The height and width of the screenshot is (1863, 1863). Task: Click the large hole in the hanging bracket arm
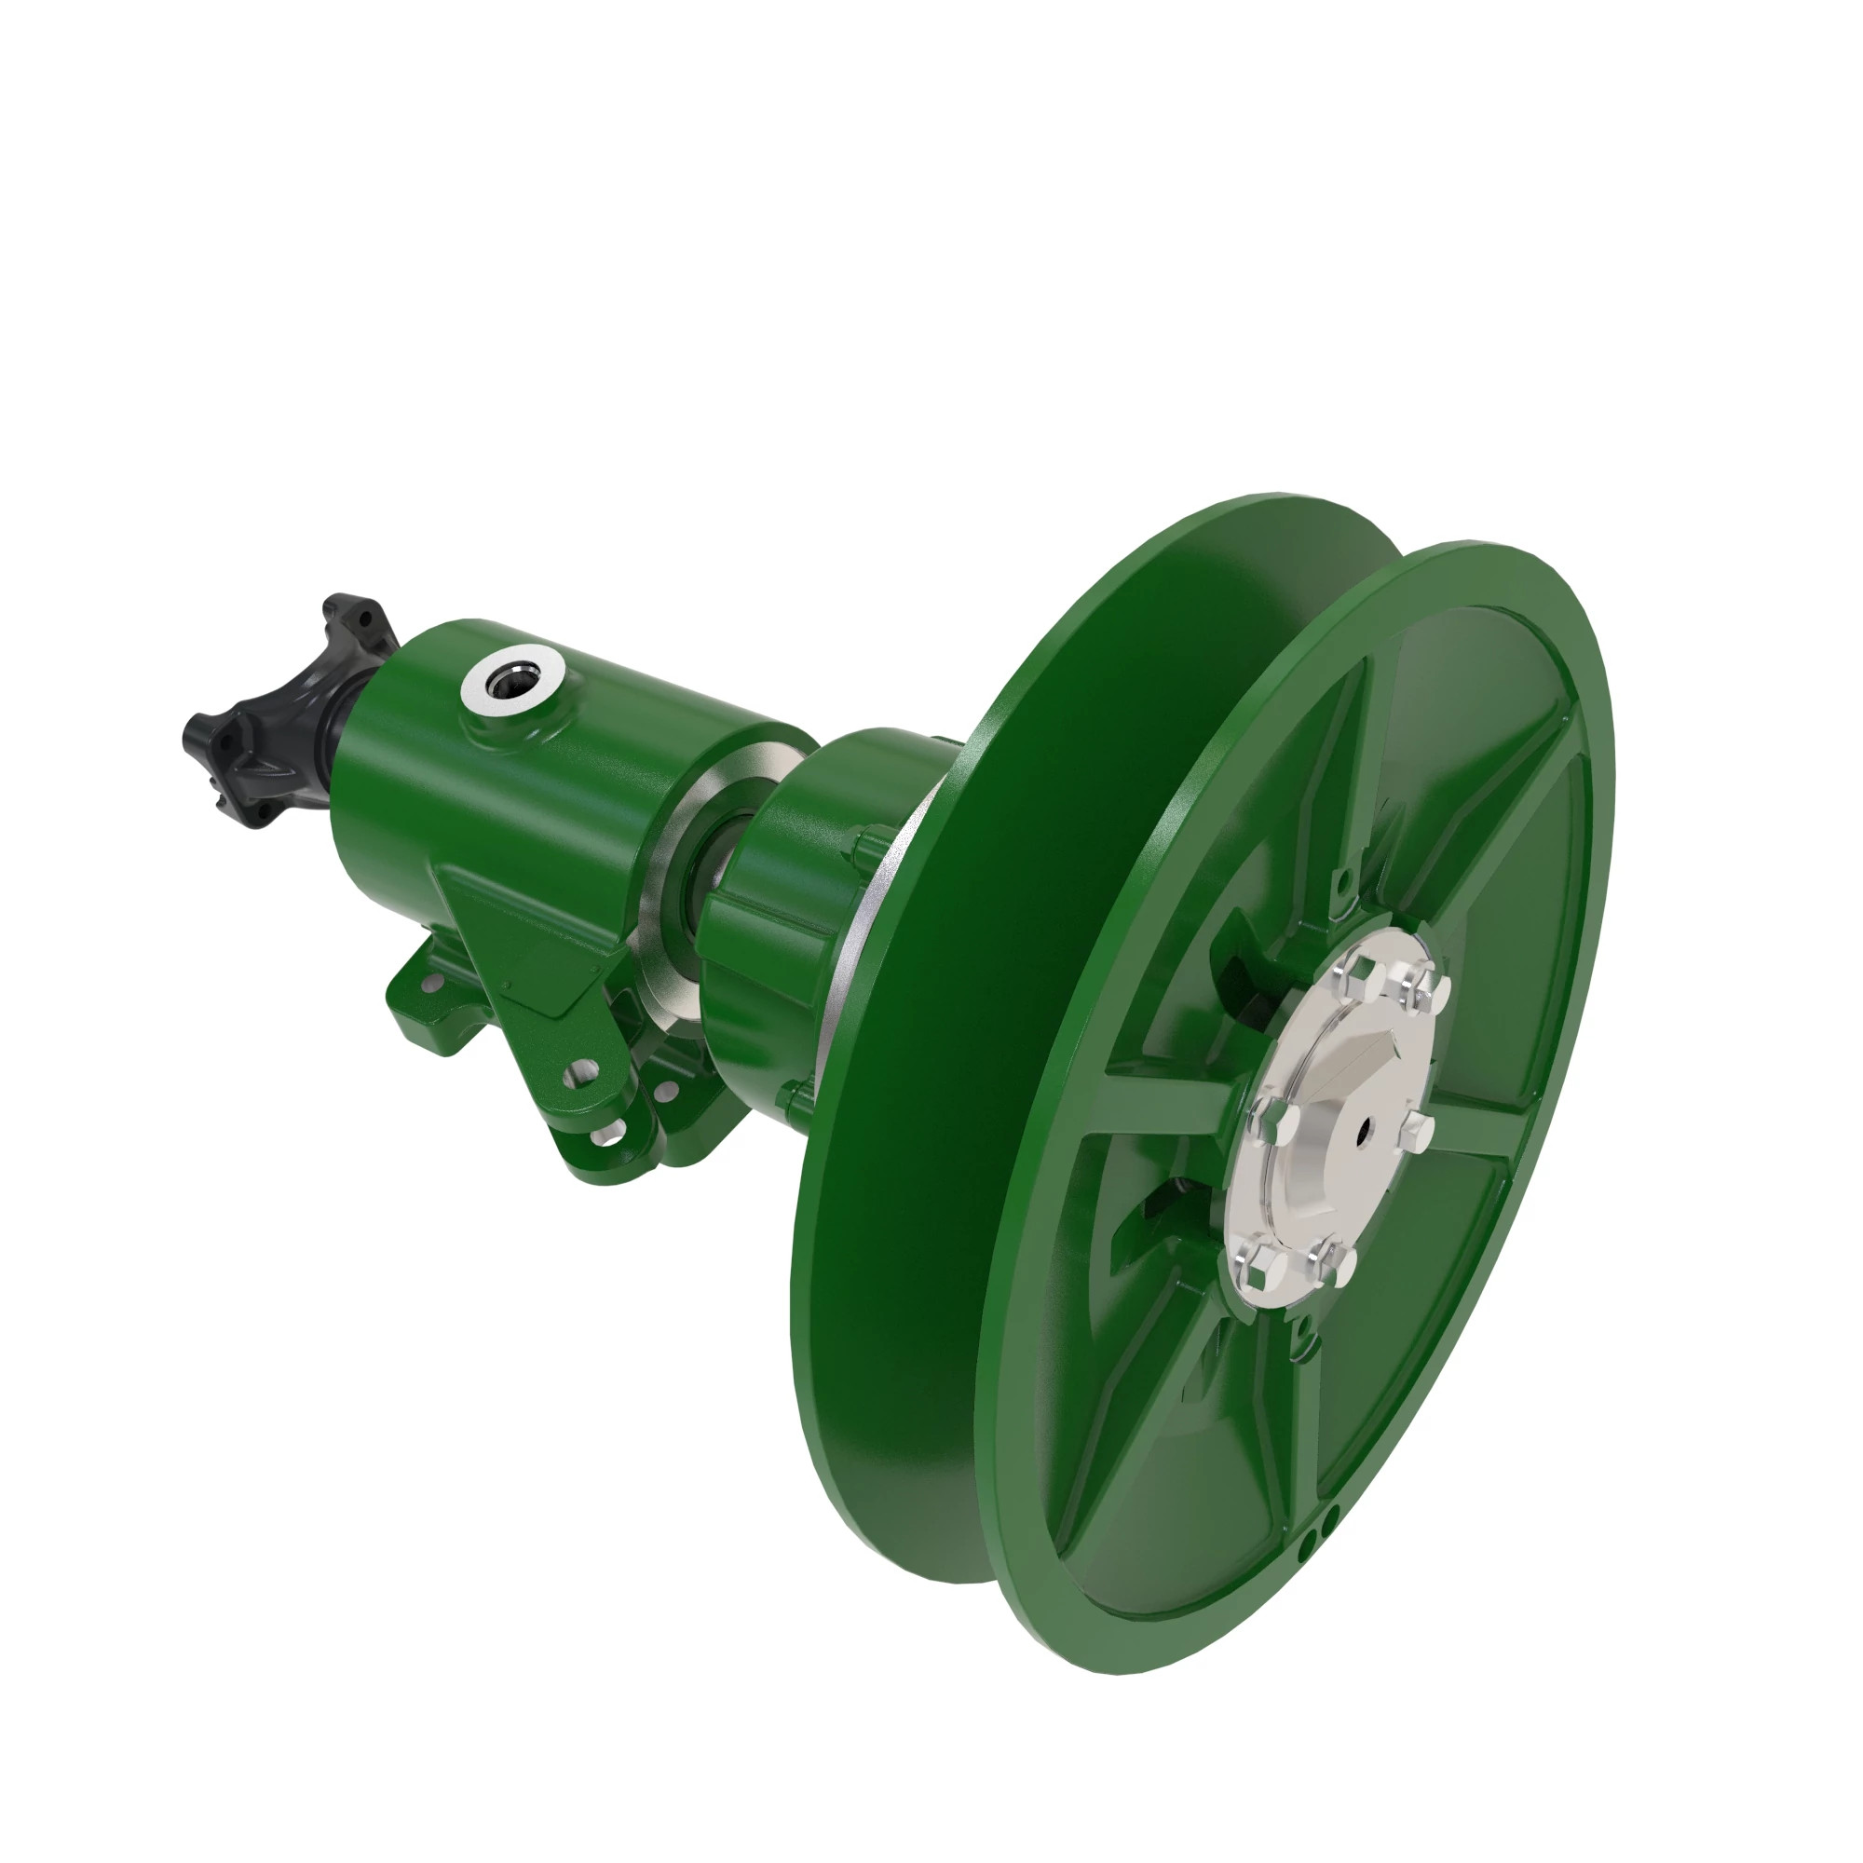click(581, 1074)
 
